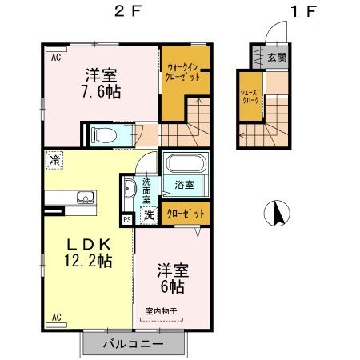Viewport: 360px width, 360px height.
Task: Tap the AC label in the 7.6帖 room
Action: (x=57, y=58)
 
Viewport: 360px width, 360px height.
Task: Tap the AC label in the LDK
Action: (x=57, y=317)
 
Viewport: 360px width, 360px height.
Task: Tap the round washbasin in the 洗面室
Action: (x=130, y=189)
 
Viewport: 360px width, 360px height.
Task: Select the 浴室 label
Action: (x=184, y=185)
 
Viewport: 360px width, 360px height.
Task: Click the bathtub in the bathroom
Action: (x=184, y=166)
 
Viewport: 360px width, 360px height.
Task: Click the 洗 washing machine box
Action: (x=148, y=214)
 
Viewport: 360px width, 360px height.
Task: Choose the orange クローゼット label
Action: (x=186, y=214)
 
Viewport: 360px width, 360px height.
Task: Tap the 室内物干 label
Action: (x=162, y=310)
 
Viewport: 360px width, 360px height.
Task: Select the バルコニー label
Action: (x=133, y=344)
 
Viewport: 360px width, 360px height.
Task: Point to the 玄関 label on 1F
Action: (x=277, y=56)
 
